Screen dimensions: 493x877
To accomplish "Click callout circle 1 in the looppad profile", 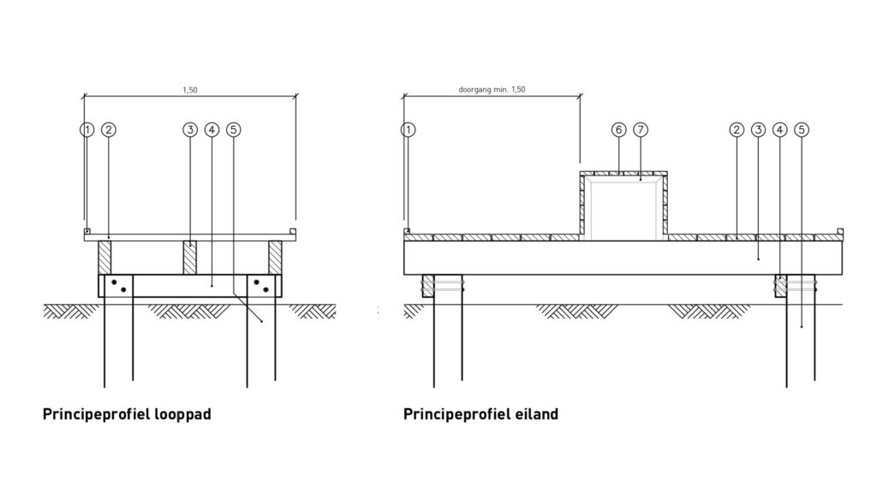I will pos(86,130).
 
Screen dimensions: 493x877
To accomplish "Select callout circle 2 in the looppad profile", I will pos(109,130).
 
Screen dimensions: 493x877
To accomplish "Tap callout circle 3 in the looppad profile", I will pos(190,130).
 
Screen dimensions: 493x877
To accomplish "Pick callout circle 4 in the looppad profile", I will pos(212,130).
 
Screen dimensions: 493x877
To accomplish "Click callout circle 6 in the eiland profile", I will pos(619,130).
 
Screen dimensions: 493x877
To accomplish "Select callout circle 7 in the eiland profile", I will pos(641,130).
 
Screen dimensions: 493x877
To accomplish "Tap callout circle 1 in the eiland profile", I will pos(409,130).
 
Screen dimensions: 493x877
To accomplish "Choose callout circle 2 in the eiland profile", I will pos(737,130).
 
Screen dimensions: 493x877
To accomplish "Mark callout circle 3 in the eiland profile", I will pos(758,130).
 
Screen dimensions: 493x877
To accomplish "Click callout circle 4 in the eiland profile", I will pos(779,130).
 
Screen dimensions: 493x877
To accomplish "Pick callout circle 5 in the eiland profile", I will pos(801,130).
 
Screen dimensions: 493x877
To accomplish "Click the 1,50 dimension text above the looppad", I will pos(190,88).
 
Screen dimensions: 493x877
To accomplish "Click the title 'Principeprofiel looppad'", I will pos(127,415).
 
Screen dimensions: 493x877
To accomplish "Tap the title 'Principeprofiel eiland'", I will pos(480,415).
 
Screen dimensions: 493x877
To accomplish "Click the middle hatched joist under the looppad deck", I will pos(190,258).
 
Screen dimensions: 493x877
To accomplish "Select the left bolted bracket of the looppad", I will pos(116,286).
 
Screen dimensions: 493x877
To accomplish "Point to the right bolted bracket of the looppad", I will pos(263,286).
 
